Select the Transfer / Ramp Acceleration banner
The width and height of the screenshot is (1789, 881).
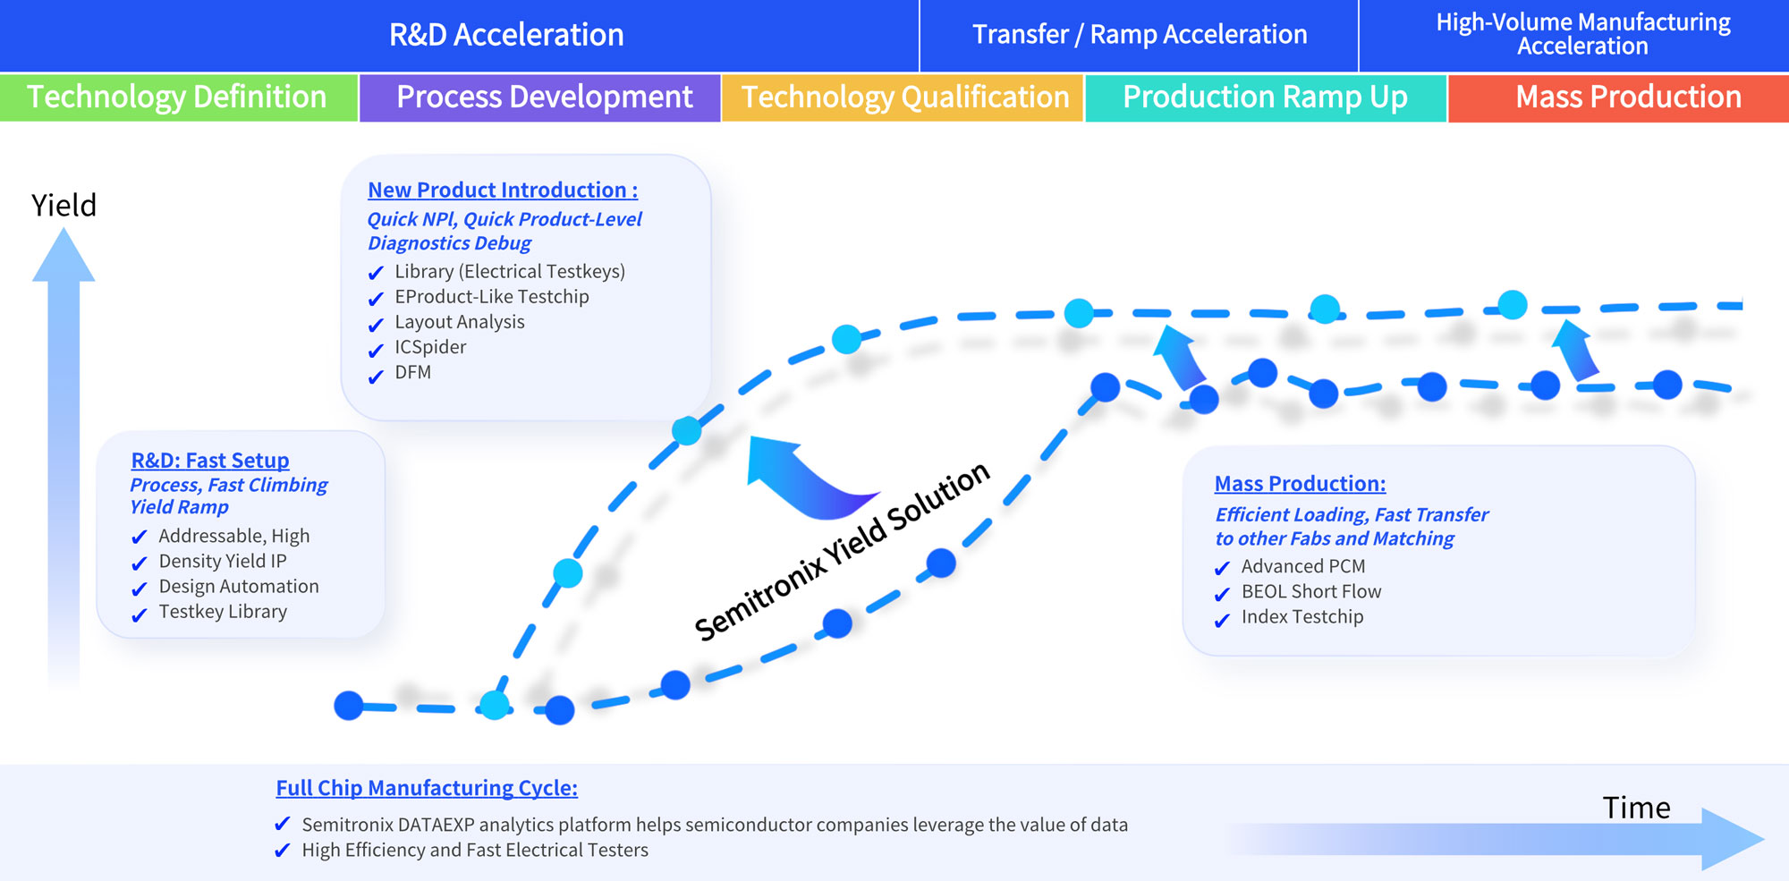point(1139,35)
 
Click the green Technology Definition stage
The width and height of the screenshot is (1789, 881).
point(178,97)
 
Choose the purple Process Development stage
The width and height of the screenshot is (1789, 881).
point(540,97)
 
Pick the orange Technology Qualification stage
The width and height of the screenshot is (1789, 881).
point(903,97)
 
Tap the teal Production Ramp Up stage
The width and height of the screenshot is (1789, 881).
point(1266,97)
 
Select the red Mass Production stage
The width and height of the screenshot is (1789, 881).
point(1619,97)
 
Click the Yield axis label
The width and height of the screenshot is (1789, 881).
point(64,207)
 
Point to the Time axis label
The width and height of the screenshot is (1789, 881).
point(1636,808)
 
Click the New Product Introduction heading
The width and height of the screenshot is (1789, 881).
point(503,191)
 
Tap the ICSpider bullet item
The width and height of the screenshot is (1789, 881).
point(430,347)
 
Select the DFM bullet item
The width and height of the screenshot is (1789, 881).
point(412,372)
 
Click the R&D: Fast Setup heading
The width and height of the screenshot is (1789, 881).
point(210,461)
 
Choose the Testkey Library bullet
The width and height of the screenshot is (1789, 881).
point(223,612)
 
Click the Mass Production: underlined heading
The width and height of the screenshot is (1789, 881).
point(1300,484)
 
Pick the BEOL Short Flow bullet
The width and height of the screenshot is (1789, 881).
point(1311,592)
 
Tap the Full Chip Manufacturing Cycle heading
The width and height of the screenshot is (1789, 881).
point(427,788)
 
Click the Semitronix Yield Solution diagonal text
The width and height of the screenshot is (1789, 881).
point(842,552)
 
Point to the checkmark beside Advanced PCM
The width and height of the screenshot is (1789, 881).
point(1222,569)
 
